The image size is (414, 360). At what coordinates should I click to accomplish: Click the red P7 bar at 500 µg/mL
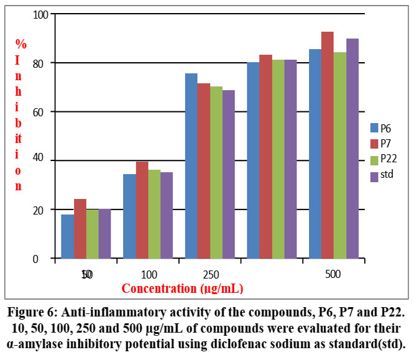pyautogui.click(x=328, y=145)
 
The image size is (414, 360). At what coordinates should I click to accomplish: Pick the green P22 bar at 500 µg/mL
pyautogui.click(x=340, y=155)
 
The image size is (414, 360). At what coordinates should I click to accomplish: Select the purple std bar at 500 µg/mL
pyautogui.click(x=352, y=149)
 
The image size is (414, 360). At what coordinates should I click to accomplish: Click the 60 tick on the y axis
pyautogui.click(x=41, y=112)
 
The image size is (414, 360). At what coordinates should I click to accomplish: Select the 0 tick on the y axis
pyautogui.click(x=44, y=259)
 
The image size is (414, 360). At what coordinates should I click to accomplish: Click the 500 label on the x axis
pyautogui.click(x=334, y=274)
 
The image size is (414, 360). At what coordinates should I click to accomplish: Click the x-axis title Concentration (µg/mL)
pyautogui.click(x=182, y=288)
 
